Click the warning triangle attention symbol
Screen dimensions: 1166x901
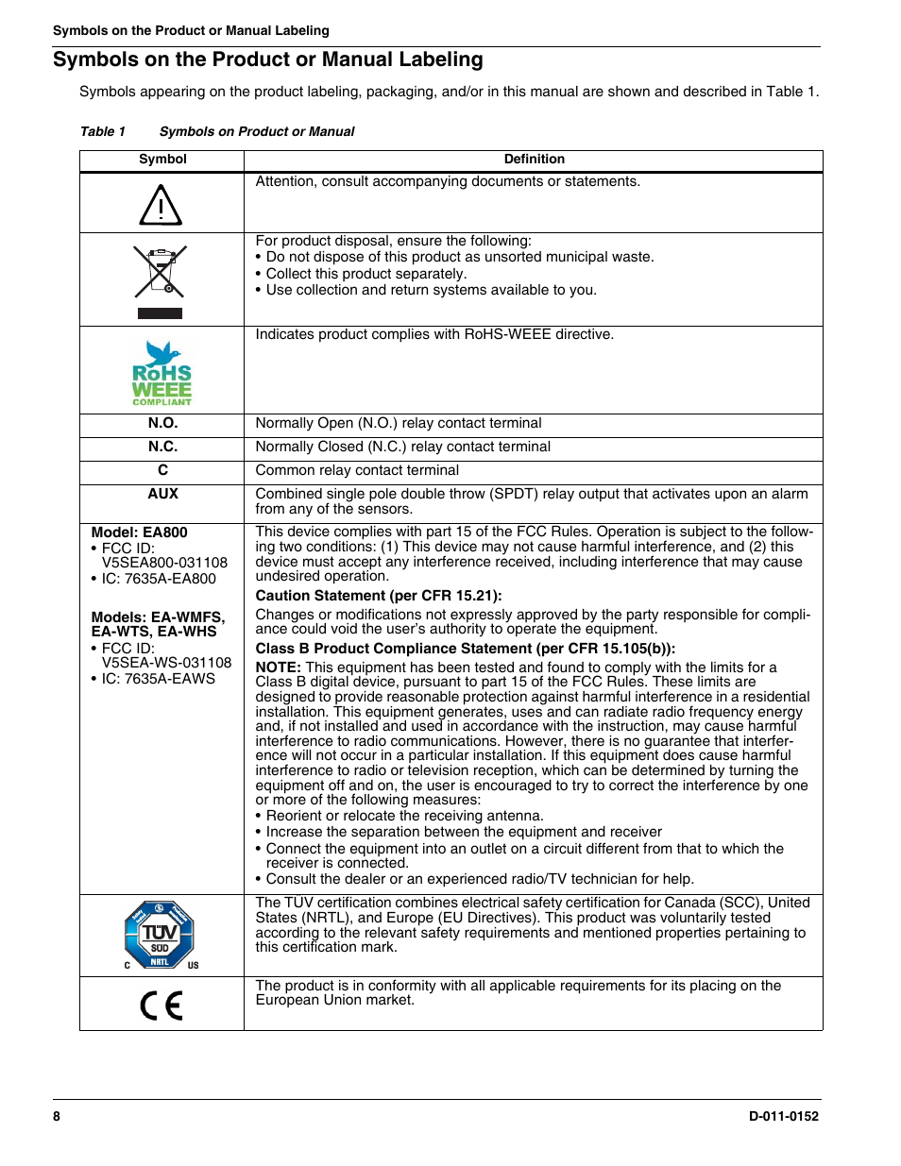161,205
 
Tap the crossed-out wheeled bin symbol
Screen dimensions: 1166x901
160,272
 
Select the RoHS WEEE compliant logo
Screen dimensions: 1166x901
161,374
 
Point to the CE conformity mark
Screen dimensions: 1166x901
161,1005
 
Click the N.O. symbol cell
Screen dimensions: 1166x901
162,424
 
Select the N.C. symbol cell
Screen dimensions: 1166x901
162,448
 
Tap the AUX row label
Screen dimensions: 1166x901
162,494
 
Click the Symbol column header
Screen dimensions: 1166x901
162,160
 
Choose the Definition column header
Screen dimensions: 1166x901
534,160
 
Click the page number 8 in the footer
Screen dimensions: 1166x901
57,1116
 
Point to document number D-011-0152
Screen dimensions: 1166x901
783,1116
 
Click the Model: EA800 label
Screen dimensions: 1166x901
139,532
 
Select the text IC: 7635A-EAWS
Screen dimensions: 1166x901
158,679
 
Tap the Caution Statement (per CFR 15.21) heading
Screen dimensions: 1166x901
379,596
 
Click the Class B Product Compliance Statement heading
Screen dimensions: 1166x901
466,649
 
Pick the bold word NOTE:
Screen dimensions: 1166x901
278,667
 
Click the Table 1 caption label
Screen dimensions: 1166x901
103,132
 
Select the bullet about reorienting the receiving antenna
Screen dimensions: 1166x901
404,816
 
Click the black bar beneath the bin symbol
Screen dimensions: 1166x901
160,313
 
